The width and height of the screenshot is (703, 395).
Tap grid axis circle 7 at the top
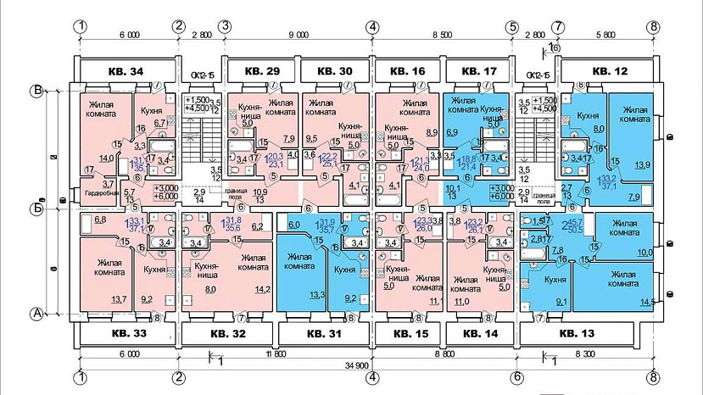(x=558, y=26)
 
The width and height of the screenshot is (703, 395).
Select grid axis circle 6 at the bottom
(x=515, y=377)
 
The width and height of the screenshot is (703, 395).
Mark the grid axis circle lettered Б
(x=37, y=206)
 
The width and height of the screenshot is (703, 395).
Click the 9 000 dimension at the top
(x=297, y=36)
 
